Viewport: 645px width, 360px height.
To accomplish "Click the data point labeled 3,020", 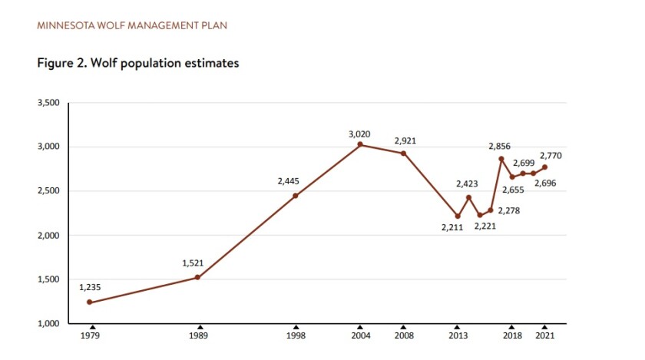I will point(360,144).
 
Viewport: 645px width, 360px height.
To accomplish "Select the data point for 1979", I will point(89,302).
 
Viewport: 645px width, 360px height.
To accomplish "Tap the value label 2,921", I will point(405,141).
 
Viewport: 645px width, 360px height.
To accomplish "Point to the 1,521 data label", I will point(193,263).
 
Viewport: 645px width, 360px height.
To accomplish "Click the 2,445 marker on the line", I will point(296,196).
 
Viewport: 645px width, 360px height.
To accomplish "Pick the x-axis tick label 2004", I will point(360,335).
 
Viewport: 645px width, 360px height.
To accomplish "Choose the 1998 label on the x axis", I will point(296,335).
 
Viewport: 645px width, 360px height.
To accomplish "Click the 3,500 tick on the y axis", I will point(48,103).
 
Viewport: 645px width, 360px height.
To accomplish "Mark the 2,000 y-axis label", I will point(48,235).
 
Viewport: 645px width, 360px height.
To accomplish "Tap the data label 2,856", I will point(500,146).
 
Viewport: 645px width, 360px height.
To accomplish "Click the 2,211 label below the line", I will point(452,228).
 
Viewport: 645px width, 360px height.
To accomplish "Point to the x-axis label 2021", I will point(544,335).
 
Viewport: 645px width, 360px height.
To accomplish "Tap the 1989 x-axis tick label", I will point(200,335).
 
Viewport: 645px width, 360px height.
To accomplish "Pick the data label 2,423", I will point(467,183).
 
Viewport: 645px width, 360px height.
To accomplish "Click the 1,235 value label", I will point(90,288).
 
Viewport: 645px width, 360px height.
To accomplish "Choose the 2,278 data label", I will point(508,210).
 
